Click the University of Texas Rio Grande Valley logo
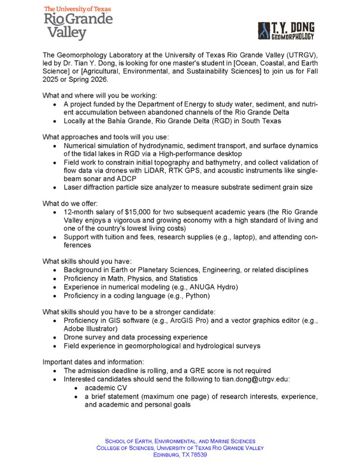coord(78,23)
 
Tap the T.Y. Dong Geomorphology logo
coord(286,31)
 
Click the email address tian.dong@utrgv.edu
coord(255,379)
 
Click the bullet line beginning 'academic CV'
coord(105,388)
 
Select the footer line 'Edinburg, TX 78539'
coord(180,455)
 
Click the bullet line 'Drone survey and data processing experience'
coord(136,337)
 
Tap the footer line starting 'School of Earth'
coord(180,441)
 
